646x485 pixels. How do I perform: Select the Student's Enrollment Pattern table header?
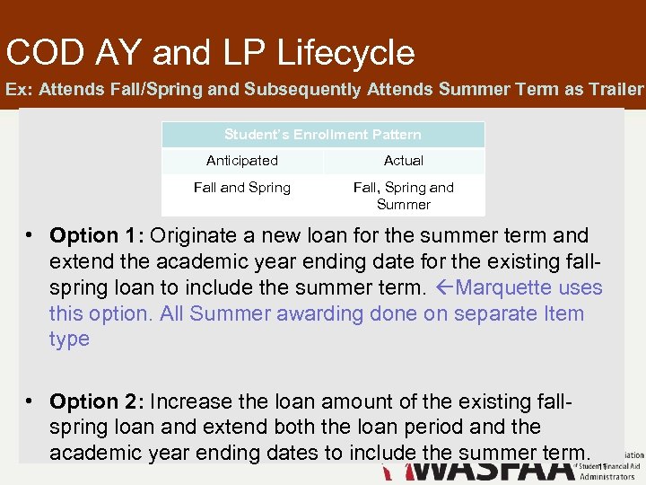(x=323, y=135)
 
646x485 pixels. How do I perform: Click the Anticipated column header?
(x=242, y=161)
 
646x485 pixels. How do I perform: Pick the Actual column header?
(x=404, y=161)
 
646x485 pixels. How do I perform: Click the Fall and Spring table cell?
(x=242, y=188)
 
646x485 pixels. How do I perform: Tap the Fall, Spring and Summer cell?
(x=404, y=196)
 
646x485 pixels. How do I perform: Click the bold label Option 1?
(x=97, y=236)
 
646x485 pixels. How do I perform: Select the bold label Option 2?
(x=97, y=401)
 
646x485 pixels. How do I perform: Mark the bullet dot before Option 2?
(x=30, y=401)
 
